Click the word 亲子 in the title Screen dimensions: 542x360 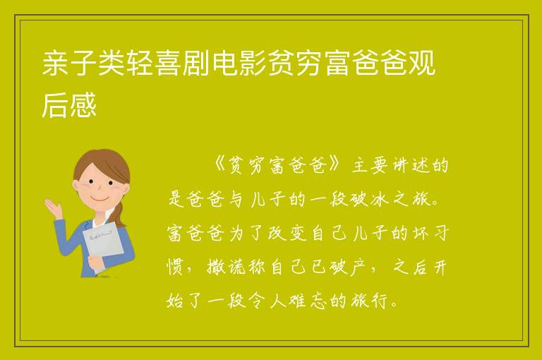(69, 64)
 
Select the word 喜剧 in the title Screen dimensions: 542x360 (183, 64)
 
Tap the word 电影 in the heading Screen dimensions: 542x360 (239, 64)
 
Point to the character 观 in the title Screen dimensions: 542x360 (422, 64)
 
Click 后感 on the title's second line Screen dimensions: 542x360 (69, 104)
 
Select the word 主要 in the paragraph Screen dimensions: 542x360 (370, 166)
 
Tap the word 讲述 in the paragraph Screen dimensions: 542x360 (410, 166)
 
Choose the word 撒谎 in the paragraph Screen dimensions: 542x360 (227, 268)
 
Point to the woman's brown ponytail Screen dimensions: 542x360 (120, 214)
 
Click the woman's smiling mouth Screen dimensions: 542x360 (100, 198)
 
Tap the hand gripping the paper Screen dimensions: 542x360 (96, 262)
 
